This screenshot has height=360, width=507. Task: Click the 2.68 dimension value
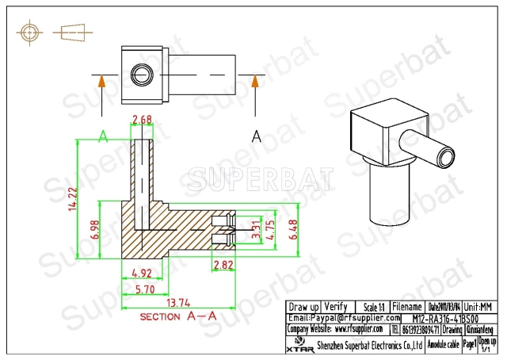click(142, 121)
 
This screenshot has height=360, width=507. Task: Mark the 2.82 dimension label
click(224, 264)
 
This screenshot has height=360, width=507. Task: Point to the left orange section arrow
click(101, 86)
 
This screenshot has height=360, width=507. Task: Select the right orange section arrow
click(255, 86)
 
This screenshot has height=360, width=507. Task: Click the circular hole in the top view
click(141, 75)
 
